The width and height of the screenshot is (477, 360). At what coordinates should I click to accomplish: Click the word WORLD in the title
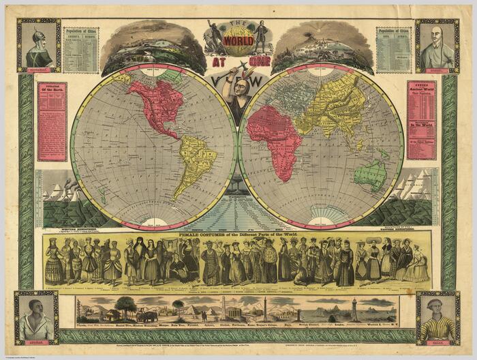tap(238, 38)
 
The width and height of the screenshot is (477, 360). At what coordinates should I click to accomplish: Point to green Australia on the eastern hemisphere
tap(370, 175)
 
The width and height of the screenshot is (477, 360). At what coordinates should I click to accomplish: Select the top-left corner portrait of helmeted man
tap(39, 46)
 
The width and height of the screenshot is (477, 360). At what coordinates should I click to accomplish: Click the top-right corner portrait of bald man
tap(437, 46)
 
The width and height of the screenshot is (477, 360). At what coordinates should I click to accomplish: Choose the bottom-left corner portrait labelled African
tap(36, 318)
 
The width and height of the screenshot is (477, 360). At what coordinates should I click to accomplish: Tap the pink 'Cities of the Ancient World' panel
tap(421, 120)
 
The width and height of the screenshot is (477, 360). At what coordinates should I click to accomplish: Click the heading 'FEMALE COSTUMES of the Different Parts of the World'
tap(238, 235)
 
